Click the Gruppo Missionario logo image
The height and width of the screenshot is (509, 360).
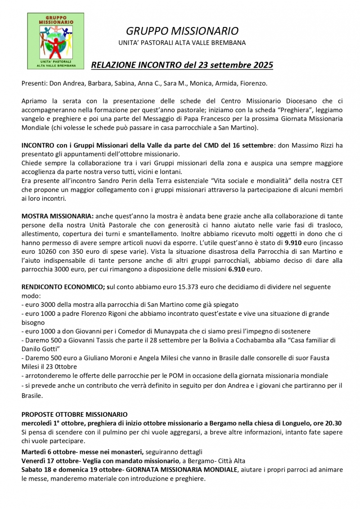click(x=55, y=41)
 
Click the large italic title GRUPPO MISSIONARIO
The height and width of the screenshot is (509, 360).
click(x=182, y=31)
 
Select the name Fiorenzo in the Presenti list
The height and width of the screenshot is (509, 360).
click(x=253, y=83)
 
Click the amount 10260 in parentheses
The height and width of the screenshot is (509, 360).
click(x=47, y=252)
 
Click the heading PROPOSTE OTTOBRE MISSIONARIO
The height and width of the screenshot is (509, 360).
click(x=74, y=414)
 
